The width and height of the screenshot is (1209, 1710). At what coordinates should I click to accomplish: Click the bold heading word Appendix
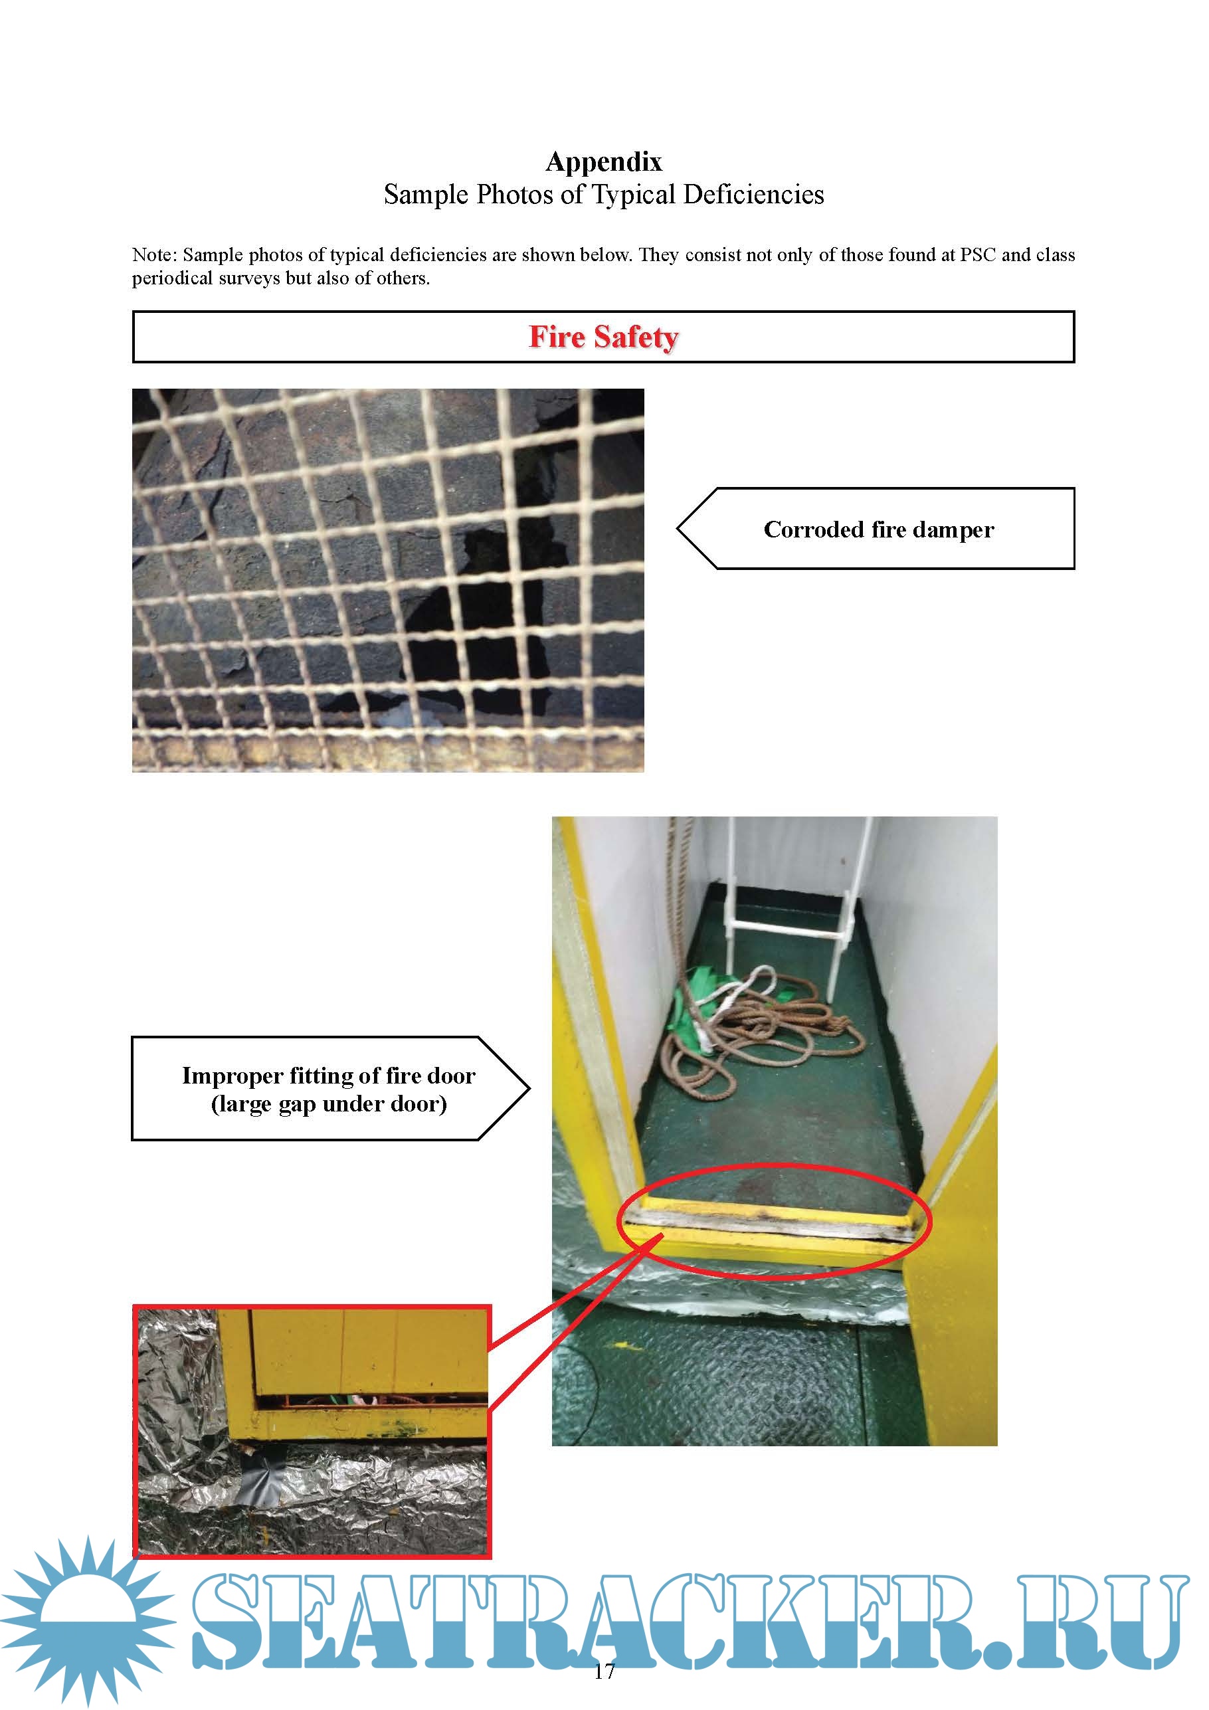coord(603,161)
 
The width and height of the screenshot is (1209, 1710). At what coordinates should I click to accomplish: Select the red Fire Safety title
coord(603,337)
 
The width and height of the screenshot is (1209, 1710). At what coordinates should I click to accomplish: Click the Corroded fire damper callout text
coord(878,529)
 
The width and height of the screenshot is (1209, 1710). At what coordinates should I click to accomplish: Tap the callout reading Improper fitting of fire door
coord(329,1076)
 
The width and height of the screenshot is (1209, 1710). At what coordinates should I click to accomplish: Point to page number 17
coord(604,1671)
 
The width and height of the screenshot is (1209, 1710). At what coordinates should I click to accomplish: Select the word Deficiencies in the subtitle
coord(753,195)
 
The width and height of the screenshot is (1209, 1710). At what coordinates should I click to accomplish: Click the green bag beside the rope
coord(696,1005)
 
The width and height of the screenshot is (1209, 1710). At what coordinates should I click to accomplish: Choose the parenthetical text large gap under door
coord(329,1103)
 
